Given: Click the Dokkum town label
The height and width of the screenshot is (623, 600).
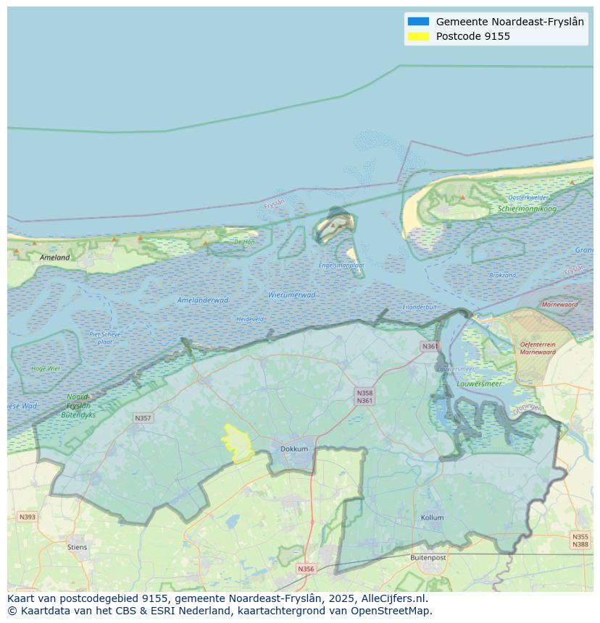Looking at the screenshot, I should pos(294,449).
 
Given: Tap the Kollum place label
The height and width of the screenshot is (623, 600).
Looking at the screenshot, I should pos(433,518).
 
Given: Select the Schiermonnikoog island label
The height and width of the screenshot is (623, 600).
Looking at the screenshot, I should pos(527,209).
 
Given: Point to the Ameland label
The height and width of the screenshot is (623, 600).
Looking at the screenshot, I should pos(55,258).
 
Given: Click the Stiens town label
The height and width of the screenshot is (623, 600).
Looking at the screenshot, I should pos(77,547).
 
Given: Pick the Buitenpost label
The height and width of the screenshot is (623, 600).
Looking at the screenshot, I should pos(428,558).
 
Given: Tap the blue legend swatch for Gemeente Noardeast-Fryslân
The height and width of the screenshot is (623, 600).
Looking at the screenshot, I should pos(418,22).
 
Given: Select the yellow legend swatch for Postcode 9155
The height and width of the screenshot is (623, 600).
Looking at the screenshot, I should pos(418,36).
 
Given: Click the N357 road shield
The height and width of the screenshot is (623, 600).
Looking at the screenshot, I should pos(143,418).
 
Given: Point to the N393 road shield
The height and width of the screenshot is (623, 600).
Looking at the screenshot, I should pos(27,517).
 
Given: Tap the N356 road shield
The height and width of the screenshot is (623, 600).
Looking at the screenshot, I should pos(306,569).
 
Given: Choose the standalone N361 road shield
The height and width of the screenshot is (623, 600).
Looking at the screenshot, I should pos(430,347).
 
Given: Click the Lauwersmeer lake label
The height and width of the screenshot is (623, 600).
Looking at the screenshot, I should pos(479,383).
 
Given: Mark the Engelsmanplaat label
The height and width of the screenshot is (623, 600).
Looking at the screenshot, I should pos(341,266).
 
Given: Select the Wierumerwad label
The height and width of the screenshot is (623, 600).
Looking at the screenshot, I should pos(291,295).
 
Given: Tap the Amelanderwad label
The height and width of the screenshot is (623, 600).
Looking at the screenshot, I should pos(203,300).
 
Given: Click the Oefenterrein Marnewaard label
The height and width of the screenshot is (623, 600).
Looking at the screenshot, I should pos(538,348).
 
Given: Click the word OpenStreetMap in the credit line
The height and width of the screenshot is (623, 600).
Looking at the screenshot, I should pos(391,611).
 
